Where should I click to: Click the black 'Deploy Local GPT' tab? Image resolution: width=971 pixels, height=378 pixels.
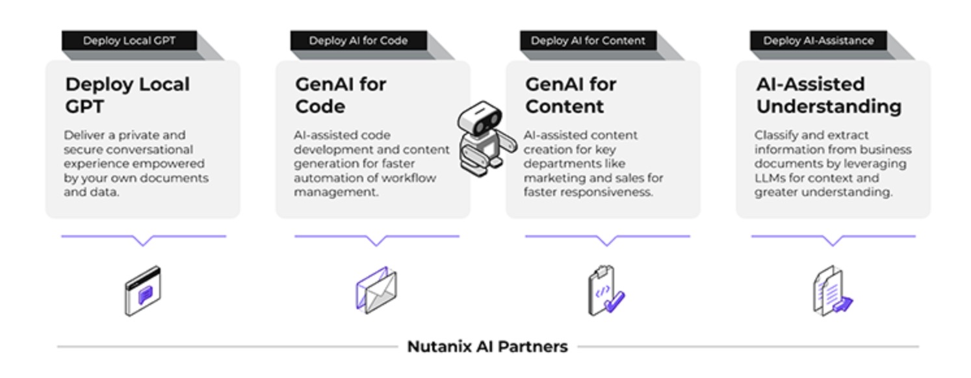point(129,40)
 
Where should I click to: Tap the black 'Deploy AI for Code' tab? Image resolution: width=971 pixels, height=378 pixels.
point(358,40)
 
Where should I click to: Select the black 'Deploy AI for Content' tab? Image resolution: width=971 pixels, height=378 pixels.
point(588,40)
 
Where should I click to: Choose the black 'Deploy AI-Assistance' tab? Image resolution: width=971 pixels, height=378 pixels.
point(818,40)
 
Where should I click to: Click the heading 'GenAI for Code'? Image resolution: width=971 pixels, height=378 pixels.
point(341,95)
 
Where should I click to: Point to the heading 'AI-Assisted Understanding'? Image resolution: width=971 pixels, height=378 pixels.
point(828,95)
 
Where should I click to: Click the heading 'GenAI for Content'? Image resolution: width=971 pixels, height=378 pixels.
point(571,95)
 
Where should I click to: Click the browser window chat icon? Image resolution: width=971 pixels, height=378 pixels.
point(143,291)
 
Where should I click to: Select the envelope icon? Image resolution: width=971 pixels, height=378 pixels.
point(376,290)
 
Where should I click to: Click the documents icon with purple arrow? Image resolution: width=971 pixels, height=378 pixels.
point(832,292)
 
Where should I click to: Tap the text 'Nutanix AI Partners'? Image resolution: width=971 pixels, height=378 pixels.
point(487,347)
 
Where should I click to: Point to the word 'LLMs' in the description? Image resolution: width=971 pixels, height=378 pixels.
point(770,178)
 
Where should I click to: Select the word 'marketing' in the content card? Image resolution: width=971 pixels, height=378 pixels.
point(554,178)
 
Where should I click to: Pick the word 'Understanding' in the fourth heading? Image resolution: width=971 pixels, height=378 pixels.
point(828,107)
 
